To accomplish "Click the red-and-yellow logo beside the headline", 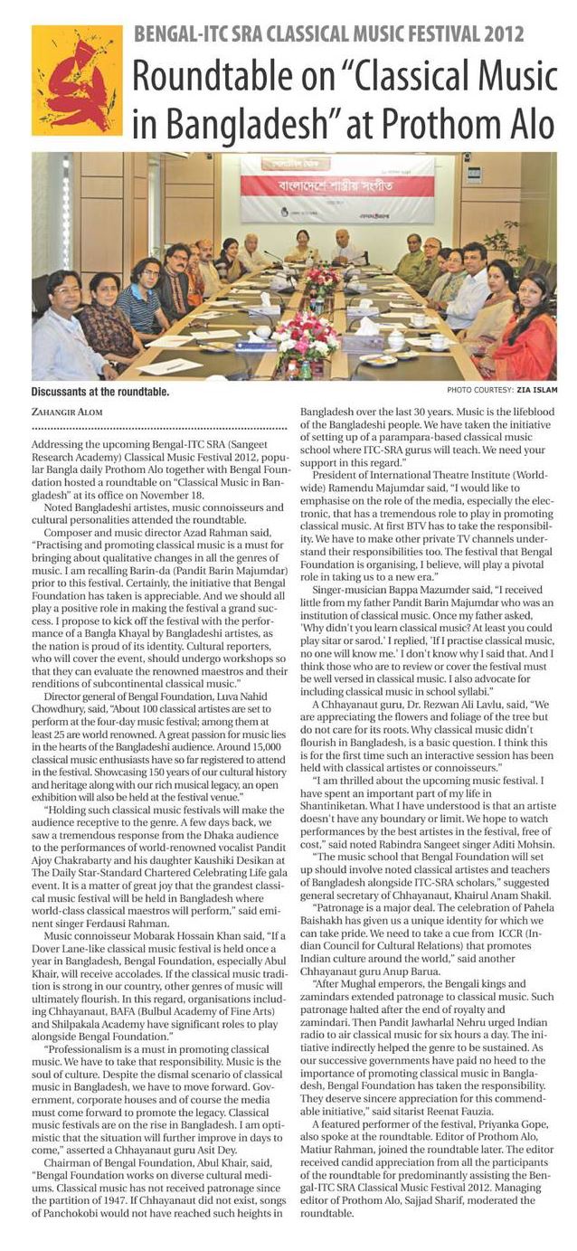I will [x=76, y=81].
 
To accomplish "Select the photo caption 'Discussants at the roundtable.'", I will [x=100, y=392].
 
